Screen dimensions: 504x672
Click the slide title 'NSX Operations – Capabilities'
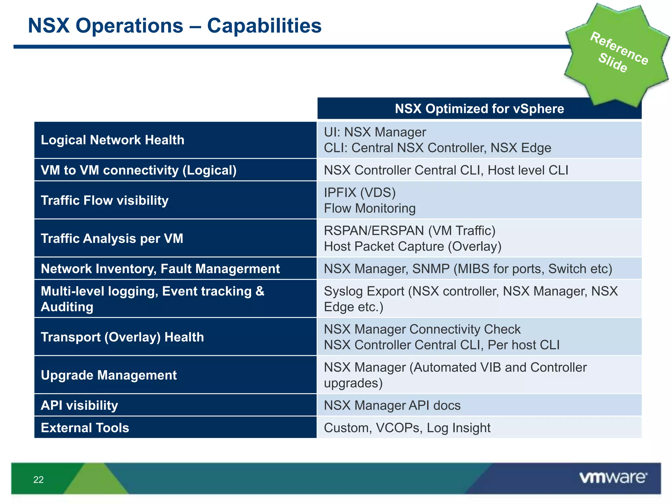tap(175, 26)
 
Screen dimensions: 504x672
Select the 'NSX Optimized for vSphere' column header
tap(479, 109)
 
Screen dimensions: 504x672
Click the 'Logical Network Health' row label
tap(113, 140)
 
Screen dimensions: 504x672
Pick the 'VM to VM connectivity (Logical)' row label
tap(138, 170)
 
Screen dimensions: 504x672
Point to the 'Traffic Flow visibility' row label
tap(104, 200)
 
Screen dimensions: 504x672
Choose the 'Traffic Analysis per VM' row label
tap(112, 239)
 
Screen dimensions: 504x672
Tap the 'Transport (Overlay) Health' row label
tap(122, 337)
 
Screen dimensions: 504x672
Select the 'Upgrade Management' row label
tap(109, 375)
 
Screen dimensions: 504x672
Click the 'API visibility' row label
tap(79, 406)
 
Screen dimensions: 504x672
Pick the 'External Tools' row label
tap(85, 428)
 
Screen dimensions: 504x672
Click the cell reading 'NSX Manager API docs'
tap(392, 406)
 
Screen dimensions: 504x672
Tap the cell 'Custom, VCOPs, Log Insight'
tap(407, 428)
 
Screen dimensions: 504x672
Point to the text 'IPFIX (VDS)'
tap(360, 193)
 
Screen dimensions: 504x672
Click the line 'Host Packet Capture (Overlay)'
tap(412, 246)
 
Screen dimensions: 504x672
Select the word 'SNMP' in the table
tap(430, 269)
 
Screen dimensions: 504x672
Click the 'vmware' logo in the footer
tap(613, 477)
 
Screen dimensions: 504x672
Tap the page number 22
tap(38, 480)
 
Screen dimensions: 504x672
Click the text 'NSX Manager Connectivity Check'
tap(422, 329)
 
